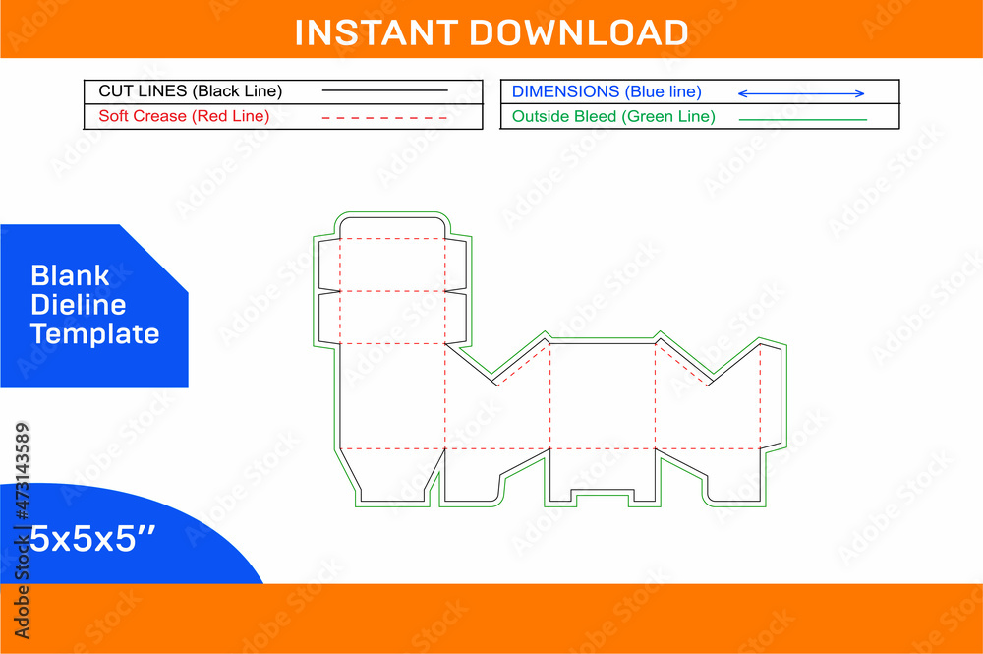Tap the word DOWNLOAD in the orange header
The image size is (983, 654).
click(577, 31)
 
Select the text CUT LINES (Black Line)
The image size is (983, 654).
click(191, 91)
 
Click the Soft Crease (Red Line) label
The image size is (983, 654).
click(184, 116)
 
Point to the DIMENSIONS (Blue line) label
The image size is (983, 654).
click(607, 91)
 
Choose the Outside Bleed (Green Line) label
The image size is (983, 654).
click(613, 116)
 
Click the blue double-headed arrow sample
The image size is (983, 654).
click(801, 93)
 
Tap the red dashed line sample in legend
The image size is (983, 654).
click(384, 117)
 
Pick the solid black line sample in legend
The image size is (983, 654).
click(384, 91)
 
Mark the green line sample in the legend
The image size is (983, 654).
click(802, 119)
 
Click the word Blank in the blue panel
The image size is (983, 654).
click(70, 275)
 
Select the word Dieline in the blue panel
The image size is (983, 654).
click(78, 304)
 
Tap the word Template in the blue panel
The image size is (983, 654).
click(94, 333)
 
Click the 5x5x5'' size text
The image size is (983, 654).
click(81, 538)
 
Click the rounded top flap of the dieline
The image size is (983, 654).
click(392, 228)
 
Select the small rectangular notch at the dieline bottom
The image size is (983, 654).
click(602, 499)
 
